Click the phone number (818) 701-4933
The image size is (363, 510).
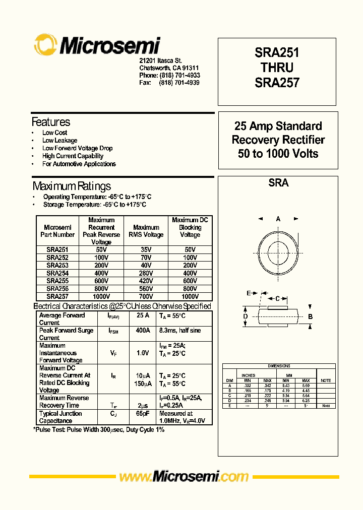(179, 75)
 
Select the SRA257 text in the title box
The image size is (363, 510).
(277, 82)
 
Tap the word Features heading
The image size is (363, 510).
(51, 122)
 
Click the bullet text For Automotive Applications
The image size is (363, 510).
(79, 164)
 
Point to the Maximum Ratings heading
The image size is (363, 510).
(72, 186)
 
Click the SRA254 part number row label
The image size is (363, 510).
(57, 273)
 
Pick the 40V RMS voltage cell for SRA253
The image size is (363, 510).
(146, 265)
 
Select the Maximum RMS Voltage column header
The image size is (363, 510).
(146, 231)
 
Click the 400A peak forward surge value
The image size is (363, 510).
(143, 331)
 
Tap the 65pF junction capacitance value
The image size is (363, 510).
(143, 414)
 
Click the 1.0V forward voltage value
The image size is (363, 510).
(143, 353)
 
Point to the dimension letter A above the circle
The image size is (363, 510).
(278, 219)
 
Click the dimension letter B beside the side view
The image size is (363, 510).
(310, 316)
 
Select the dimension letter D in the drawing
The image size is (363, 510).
(246, 316)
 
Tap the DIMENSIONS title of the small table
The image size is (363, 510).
(279, 366)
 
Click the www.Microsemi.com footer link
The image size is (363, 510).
(183, 476)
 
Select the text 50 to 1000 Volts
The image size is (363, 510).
(278, 154)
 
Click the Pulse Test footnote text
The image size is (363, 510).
(99, 430)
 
